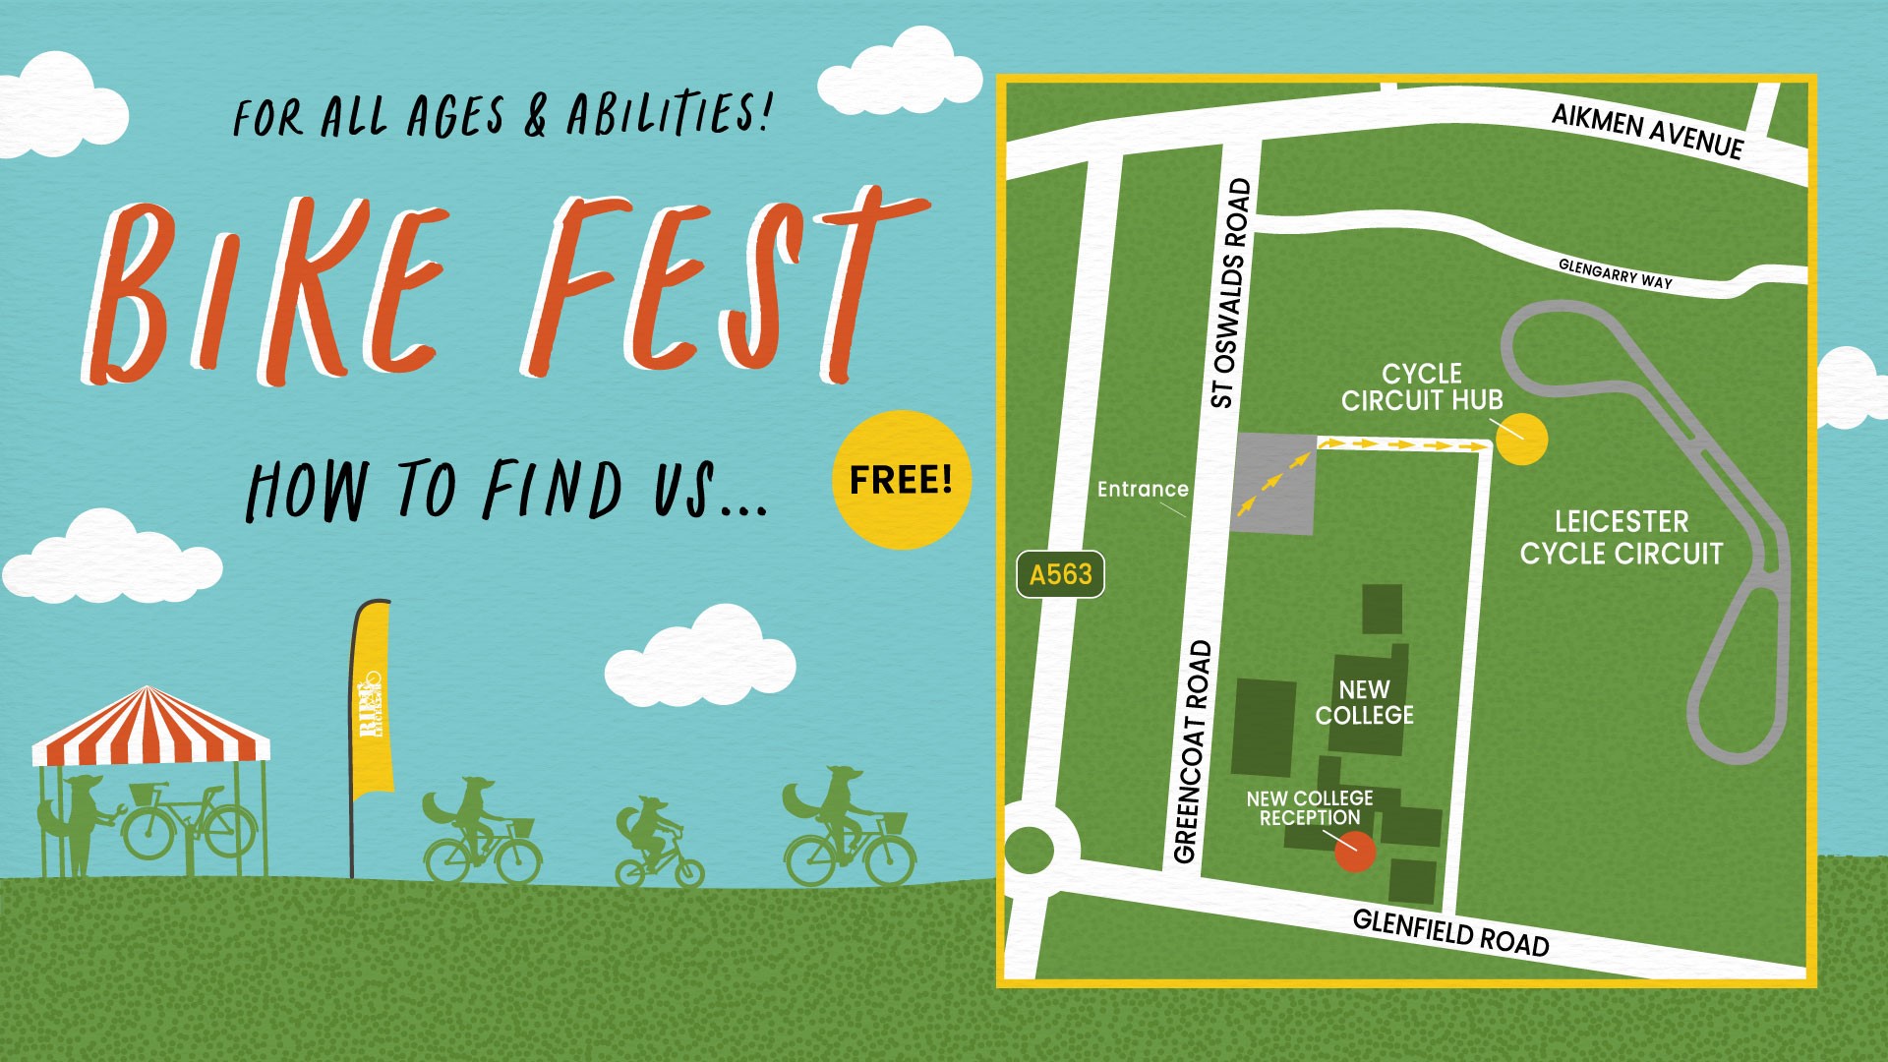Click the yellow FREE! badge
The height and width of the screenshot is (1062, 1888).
click(901, 480)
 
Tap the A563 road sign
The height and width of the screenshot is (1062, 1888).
click(1060, 574)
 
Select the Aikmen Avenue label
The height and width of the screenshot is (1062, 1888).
click(1647, 132)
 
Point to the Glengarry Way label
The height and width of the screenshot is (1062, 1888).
click(1615, 273)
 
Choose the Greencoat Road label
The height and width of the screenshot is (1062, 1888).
click(1192, 752)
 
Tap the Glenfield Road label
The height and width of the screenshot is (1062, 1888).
click(1450, 931)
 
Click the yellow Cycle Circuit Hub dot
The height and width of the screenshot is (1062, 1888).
click(1521, 439)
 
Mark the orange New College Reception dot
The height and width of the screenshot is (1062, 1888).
click(1355, 852)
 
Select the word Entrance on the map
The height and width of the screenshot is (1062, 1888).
click(1143, 489)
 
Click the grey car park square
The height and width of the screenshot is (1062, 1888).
click(1274, 484)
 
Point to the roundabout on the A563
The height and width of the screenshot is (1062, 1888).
click(1029, 849)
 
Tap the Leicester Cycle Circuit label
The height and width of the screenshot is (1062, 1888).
click(1621, 537)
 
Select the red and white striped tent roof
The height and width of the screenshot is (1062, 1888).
click(149, 728)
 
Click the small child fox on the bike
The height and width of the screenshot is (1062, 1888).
click(654, 841)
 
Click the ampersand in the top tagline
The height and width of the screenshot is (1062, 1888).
click(535, 116)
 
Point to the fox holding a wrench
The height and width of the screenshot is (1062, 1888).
click(79, 821)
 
